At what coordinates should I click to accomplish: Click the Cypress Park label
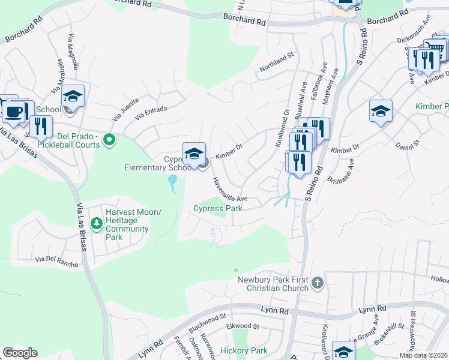pos(218,209)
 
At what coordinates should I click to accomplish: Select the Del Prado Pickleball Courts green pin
pos(109,141)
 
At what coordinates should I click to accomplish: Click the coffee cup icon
pos(13,111)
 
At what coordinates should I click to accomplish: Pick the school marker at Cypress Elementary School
pos(194,155)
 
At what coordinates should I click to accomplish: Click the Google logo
pos(20,353)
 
